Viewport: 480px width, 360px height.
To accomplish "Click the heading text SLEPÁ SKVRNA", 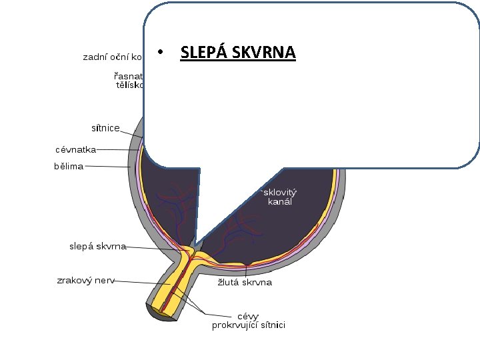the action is (238, 52).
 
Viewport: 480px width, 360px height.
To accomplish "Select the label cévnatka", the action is (75, 150).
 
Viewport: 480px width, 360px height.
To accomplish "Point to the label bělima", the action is (69, 166).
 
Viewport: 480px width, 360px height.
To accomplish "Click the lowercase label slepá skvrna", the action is (98, 246).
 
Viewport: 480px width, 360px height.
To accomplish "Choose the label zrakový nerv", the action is (85, 281).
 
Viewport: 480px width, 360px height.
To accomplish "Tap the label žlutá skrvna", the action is (245, 282).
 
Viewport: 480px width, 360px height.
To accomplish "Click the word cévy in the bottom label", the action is (249, 315).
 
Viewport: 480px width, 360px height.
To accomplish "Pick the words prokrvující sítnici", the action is (249, 325).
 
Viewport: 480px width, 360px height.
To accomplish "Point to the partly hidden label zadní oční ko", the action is (111, 57).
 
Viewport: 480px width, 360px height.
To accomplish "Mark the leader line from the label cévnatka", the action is (117, 150).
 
